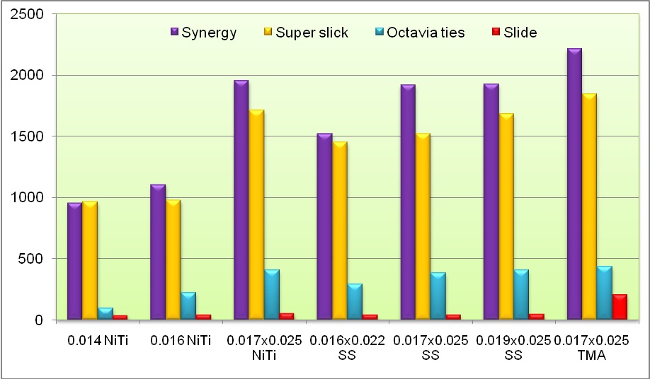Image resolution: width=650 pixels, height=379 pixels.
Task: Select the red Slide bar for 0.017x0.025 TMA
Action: point(620,308)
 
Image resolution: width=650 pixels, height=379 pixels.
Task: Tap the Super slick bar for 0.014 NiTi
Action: point(89,261)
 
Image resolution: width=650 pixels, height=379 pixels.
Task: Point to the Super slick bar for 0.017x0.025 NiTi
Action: point(256,215)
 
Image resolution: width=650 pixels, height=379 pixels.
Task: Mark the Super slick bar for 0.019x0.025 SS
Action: point(506,216)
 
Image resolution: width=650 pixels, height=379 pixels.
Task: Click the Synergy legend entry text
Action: point(209,33)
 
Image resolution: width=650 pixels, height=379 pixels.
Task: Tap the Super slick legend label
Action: point(312,33)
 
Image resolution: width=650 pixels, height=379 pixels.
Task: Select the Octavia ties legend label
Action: point(429,33)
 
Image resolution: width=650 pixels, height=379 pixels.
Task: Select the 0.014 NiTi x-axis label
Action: point(97,340)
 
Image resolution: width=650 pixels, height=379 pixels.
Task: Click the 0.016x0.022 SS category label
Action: point(350,347)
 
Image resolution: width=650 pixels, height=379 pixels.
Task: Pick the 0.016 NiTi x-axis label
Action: point(181,340)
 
